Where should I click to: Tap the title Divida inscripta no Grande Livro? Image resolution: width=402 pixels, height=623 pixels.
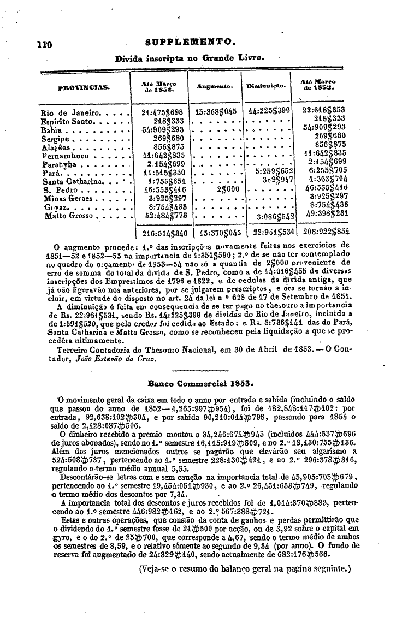[190, 56]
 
